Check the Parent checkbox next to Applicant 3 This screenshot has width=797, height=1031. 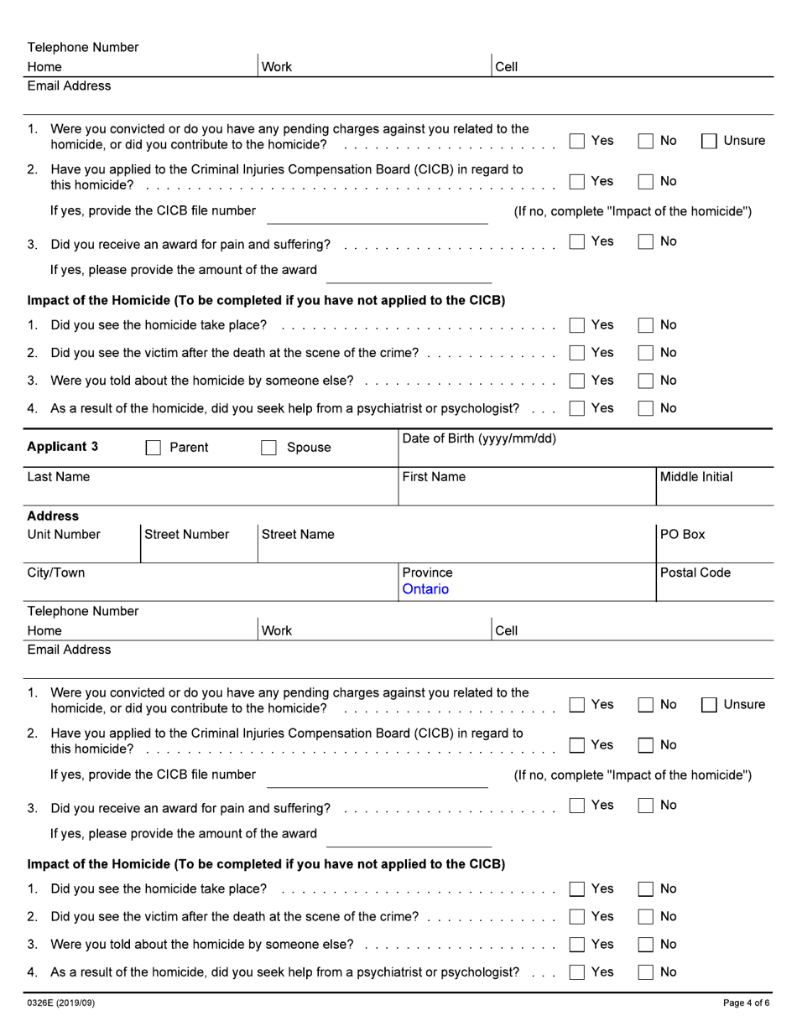click(x=153, y=448)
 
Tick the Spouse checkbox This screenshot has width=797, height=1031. click(x=268, y=448)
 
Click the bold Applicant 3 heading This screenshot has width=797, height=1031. click(x=62, y=447)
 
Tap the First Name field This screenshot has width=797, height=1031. click(x=527, y=493)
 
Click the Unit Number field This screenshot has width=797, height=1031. click(x=82, y=549)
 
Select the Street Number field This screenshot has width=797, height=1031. click(x=198, y=549)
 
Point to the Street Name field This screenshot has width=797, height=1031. click(x=456, y=549)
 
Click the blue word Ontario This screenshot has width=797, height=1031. click(x=425, y=589)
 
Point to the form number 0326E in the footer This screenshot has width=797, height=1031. click(x=60, y=1003)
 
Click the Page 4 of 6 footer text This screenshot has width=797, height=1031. click(x=746, y=1003)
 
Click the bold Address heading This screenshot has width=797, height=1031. click(x=53, y=516)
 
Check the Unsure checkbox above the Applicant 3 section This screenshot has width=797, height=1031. click(x=709, y=142)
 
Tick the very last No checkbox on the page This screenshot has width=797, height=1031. click(x=645, y=972)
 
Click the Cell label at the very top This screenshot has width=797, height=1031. click(x=507, y=67)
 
